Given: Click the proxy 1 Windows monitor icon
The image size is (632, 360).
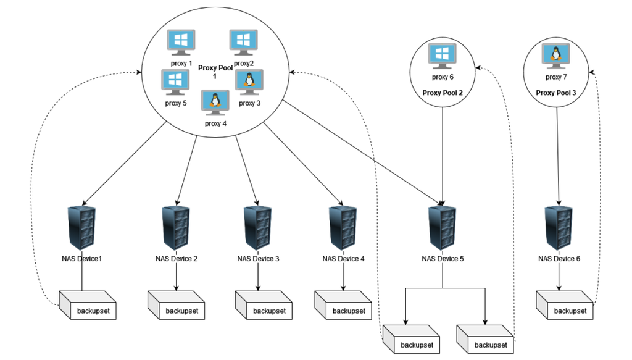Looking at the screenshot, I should pyautogui.click(x=182, y=43).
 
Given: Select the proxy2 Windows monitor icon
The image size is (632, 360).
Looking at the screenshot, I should pyautogui.click(x=243, y=43).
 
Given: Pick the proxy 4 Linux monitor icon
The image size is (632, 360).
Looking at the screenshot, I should pyautogui.click(x=215, y=103).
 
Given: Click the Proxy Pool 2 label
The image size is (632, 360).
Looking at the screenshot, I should pyautogui.click(x=443, y=93).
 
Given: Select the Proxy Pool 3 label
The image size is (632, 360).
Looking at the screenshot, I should pyautogui.click(x=556, y=93).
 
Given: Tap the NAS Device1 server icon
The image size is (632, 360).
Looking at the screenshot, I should pyautogui.click(x=81, y=228).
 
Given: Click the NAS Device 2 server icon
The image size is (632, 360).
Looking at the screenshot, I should pyautogui.click(x=176, y=228).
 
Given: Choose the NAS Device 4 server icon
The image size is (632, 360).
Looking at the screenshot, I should pyautogui.click(x=343, y=228).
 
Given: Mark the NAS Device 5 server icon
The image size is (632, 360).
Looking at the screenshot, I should pyautogui.click(x=443, y=228).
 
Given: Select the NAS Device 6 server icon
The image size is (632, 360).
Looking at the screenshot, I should pyautogui.click(x=559, y=228).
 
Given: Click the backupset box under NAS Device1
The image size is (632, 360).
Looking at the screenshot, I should pyautogui.click(x=87, y=307).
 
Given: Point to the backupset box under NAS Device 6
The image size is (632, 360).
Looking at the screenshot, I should pyautogui.click(x=564, y=307).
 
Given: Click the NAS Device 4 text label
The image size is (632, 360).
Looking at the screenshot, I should pyautogui.click(x=343, y=259).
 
